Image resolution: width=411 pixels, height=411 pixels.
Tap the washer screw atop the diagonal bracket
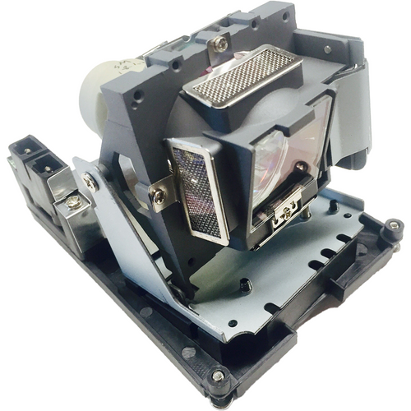tap(88, 182)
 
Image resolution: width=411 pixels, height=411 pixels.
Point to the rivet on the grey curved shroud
tap(328, 49)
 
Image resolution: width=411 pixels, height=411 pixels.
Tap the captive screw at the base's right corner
tap(393, 224)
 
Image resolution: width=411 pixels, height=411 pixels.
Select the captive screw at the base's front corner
tap(217, 376)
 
